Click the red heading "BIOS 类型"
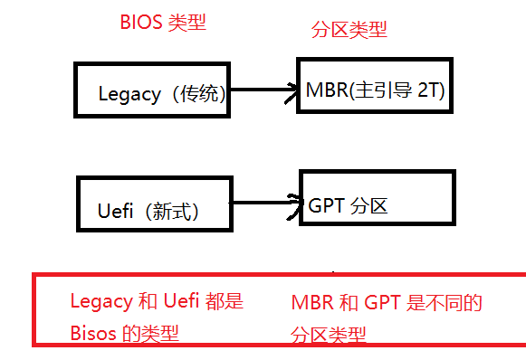pos(163,23)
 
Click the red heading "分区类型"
pos(349,31)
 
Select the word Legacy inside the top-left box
pos(129,94)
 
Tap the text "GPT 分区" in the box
pos(349,205)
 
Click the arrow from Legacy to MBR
pos(263,90)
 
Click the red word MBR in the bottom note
pos(312,303)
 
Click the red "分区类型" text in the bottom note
pos(329,333)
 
